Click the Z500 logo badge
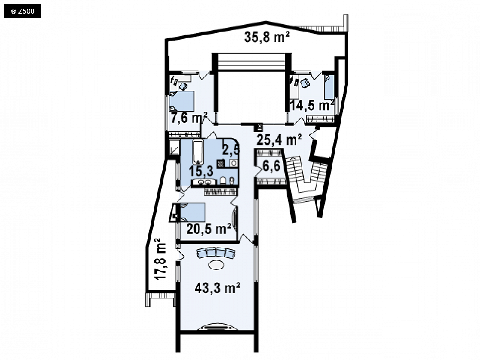22,12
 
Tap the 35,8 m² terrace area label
267,37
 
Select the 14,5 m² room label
311,106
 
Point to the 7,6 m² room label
189,118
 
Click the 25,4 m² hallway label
279,140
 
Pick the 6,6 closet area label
271,166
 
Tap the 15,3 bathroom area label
201,171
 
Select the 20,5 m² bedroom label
209,228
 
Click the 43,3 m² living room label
217,288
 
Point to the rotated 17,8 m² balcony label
160,260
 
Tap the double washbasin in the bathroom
204,182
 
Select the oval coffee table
217,264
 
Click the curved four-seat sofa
216,252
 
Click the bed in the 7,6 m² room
182,101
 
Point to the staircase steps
305,174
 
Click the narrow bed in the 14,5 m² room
329,87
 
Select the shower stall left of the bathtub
174,148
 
